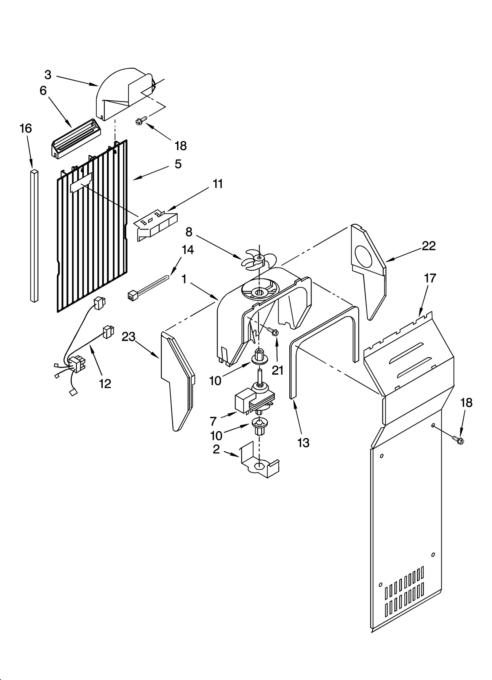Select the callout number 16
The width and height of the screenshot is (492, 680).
point(26,128)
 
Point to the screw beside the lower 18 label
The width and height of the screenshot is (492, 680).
point(458,440)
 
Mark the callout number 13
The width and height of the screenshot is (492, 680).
point(303,443)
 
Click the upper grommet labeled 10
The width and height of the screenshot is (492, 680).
point(260,358)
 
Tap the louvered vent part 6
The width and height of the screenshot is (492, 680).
point(75,139)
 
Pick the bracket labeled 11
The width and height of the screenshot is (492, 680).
point(156,222)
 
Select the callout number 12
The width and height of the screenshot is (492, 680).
point(105,384)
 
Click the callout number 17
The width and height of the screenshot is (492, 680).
point(430,278)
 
